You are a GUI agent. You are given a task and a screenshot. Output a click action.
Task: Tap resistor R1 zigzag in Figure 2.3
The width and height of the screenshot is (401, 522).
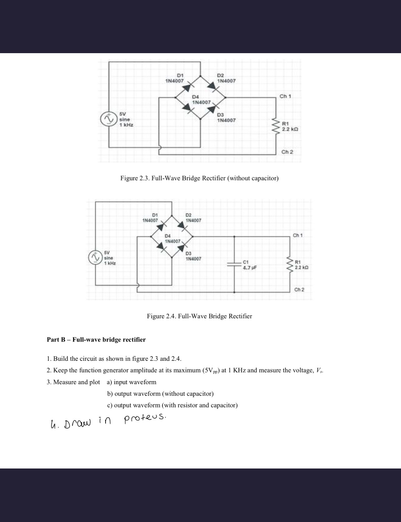point(276,126)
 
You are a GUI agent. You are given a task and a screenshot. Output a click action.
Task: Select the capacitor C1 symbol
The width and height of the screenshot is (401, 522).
point(234,264)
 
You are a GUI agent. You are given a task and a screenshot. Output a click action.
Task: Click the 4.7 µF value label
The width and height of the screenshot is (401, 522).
point(250,268)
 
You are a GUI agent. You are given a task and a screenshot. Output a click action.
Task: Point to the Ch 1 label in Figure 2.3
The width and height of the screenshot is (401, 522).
point(285,96)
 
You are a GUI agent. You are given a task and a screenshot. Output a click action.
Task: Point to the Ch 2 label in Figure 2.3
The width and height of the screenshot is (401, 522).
point(287,152)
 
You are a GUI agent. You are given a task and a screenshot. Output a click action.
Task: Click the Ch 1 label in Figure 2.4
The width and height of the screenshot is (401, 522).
point(297,235)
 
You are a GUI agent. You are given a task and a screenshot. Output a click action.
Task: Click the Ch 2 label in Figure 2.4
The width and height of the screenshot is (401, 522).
point(299,289)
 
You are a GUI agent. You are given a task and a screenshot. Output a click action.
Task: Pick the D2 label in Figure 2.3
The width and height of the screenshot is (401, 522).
point(220,75)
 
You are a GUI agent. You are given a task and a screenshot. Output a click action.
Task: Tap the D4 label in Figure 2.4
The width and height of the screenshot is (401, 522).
point(168,236)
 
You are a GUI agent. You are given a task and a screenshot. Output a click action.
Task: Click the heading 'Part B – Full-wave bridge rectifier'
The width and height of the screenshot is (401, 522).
point(96,340)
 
